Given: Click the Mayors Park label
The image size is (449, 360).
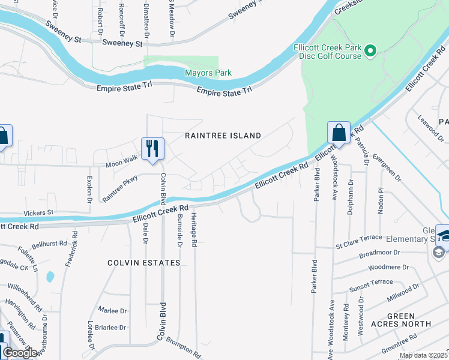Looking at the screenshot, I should click(x=208, y=73).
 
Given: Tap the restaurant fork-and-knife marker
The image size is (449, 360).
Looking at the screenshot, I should click(x=152, y=148).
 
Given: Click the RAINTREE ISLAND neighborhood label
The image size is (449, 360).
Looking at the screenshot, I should click(x=223, y=136).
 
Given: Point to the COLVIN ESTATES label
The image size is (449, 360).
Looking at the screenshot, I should click(x=144, y=263).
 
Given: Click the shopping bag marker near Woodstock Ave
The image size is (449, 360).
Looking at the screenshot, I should click(x=339, y=133).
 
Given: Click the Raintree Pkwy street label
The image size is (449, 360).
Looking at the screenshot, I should click(x=120, y=188).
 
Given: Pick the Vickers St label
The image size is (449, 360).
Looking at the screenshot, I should click(x=38, y=212).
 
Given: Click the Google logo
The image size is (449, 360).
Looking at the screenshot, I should click(x=20, y=353).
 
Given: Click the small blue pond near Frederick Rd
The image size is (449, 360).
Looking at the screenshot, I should click(x=50, y=277).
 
